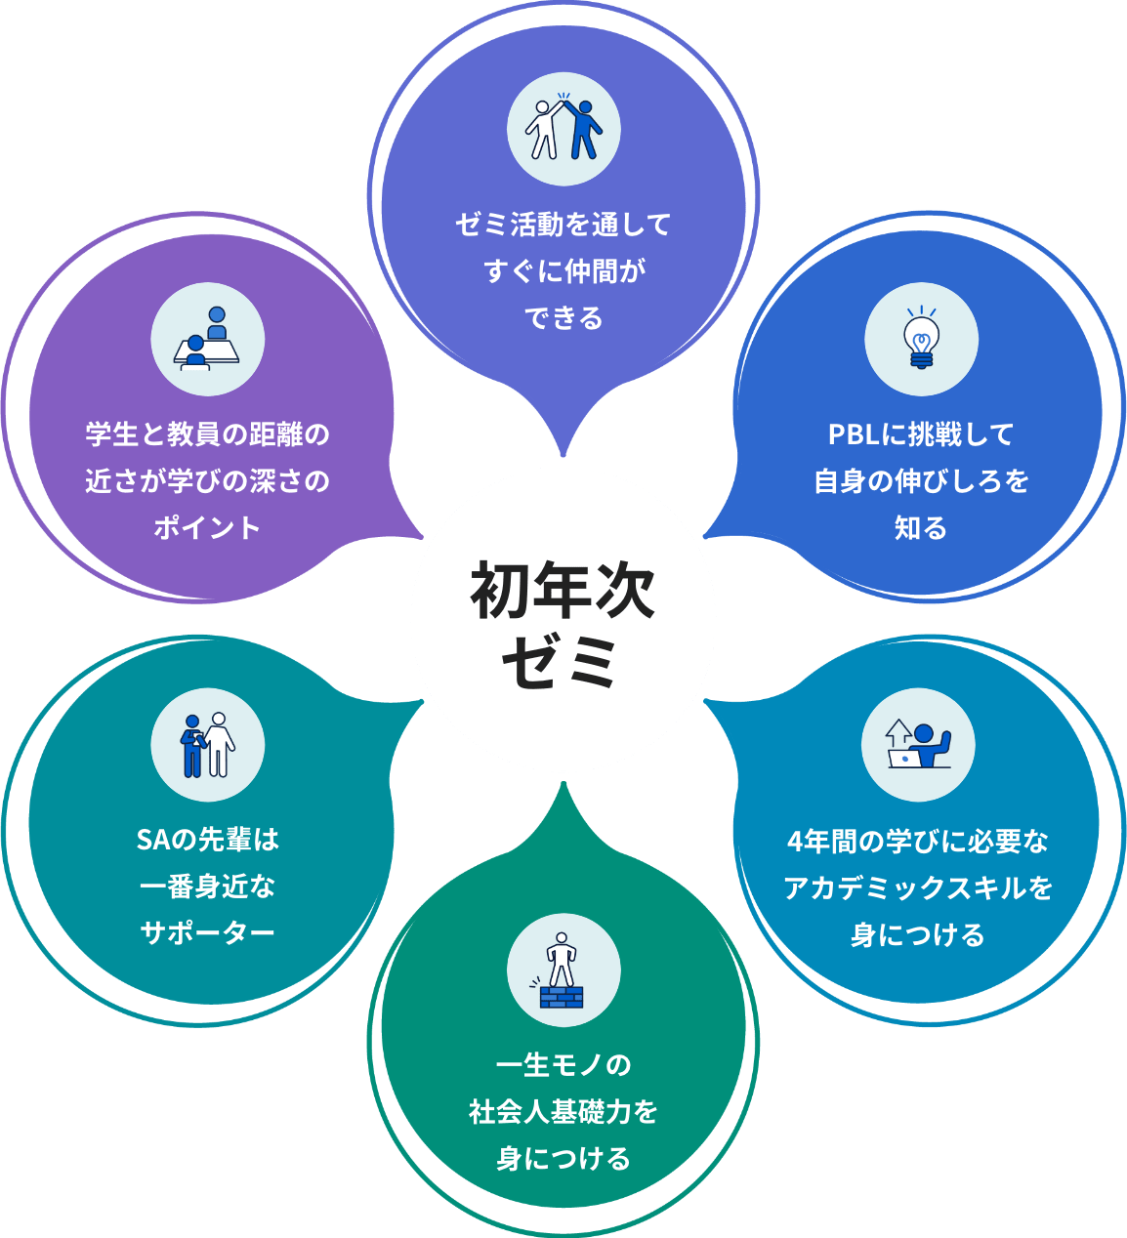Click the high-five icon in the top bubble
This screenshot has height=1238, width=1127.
pos(563,128)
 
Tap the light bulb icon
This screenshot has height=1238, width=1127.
pos(921,340)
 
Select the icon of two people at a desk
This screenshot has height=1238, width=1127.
pos(207,340)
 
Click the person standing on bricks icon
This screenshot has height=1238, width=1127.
pos(563,970)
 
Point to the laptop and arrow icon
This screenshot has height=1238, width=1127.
pos(918,745)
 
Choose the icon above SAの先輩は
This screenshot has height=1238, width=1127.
pos(207,745)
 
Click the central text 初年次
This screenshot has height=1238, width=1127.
pos(563,591)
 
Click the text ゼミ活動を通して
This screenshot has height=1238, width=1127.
pos(563,225)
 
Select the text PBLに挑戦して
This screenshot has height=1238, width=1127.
pos(921,434)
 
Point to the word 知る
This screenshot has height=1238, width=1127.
pos(921,528)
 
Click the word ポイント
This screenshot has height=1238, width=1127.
pos(207,528)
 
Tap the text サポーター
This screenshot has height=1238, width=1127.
pos(207,933)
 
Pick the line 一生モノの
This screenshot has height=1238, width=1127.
pos(563,1065)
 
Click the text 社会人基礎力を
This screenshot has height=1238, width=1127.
pos(563,1112)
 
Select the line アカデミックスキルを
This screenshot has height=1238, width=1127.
pos(918,888)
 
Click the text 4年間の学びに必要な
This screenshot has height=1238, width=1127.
pos(918,841)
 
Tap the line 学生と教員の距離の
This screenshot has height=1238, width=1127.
pos(207,434)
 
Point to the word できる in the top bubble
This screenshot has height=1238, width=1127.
pos(563,318)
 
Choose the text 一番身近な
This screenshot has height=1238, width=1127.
pos(207,887)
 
